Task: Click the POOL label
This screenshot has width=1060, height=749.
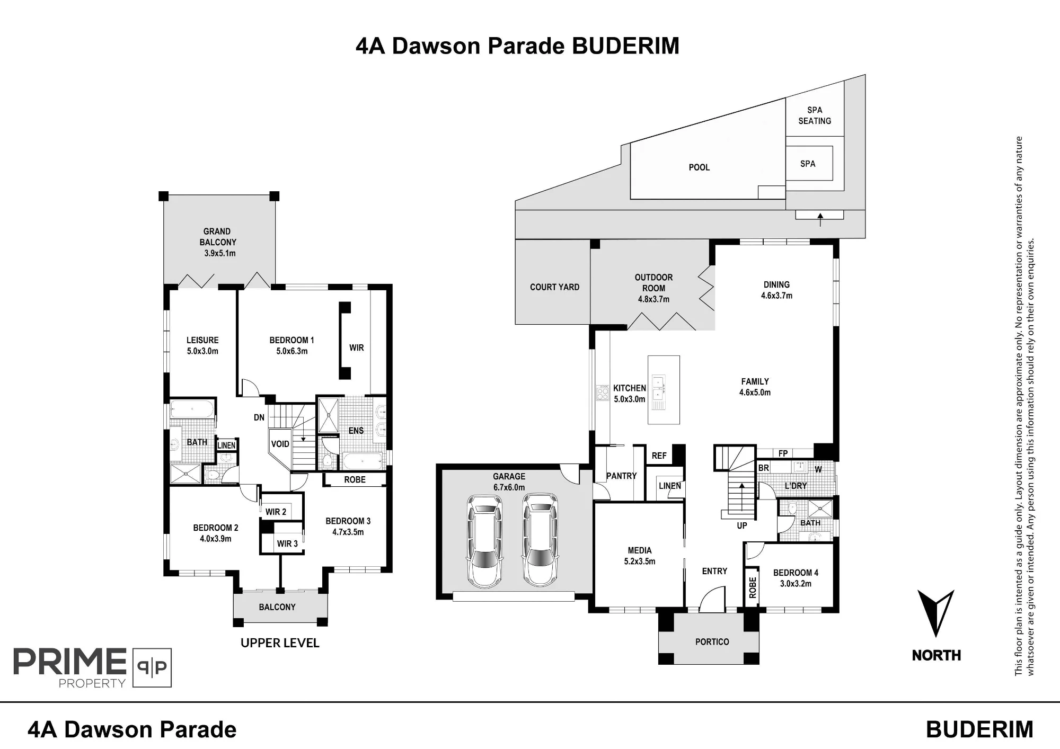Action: [699, 167]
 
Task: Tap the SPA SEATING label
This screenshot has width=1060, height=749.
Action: [815, 115]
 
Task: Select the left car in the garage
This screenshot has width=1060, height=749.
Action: [484, 541]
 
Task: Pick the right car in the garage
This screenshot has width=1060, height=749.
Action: [540, 540]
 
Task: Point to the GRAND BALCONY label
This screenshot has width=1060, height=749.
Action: [217, 237]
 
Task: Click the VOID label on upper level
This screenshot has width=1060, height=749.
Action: [280, 444]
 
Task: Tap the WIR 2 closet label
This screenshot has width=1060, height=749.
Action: [276, 512]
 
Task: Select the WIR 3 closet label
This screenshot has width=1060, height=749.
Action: [287, 543]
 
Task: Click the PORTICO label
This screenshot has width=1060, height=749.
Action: [712, 642]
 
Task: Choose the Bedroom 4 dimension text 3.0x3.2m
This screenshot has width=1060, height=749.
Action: [796, 584]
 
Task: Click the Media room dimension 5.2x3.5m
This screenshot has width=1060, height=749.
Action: [640, 561]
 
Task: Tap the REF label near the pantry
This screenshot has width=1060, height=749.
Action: [659, 456]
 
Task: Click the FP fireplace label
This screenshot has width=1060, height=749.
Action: [783, 453]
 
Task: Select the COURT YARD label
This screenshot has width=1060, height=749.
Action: [554, 287]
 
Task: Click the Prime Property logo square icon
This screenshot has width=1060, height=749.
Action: [152, 667]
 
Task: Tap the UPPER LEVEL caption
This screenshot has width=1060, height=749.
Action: [280, 643]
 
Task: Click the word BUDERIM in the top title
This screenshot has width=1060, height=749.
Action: [626, 46]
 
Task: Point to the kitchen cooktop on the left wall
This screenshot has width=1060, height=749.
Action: [603, 393]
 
